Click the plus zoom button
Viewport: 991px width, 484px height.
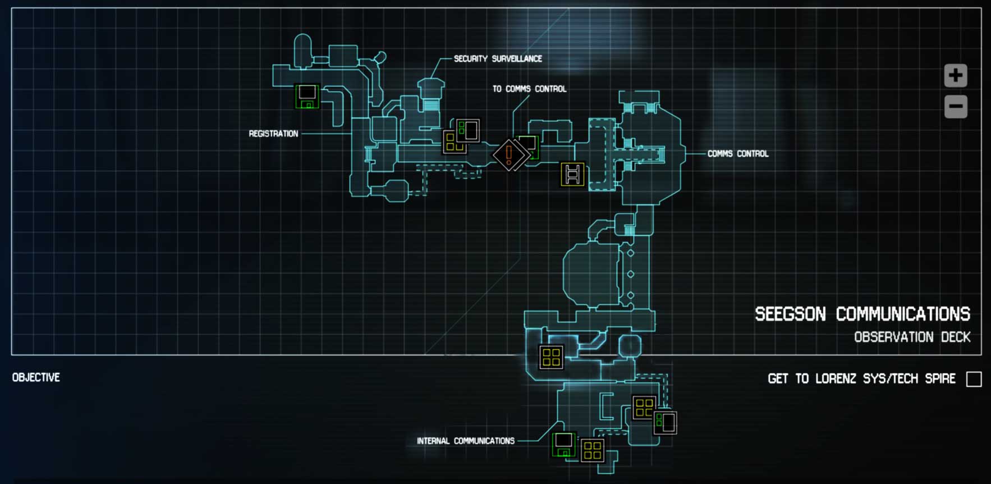955,75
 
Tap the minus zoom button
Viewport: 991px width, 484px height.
955,107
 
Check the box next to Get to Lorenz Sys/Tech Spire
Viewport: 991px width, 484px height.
974,379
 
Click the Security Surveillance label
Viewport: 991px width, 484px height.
498,58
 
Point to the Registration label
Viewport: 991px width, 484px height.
273,134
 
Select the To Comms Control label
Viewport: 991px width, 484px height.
529,89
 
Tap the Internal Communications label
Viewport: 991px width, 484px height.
465,441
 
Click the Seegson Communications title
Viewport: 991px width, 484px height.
862,314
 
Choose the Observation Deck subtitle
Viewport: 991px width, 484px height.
912,337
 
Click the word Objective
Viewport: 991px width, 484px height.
36,377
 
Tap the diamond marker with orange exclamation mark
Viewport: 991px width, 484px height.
509,154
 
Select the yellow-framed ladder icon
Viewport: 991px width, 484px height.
572,174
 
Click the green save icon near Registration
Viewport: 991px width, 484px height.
306,96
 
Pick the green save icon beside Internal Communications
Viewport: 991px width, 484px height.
564,445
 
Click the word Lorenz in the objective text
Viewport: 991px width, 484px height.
836,379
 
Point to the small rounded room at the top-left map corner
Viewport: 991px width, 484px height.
302,49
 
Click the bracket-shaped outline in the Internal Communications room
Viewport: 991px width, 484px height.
605,406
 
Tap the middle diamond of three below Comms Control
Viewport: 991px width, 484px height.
631,274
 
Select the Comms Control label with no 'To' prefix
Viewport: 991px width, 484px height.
737,153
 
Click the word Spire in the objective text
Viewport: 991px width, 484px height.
940,379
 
